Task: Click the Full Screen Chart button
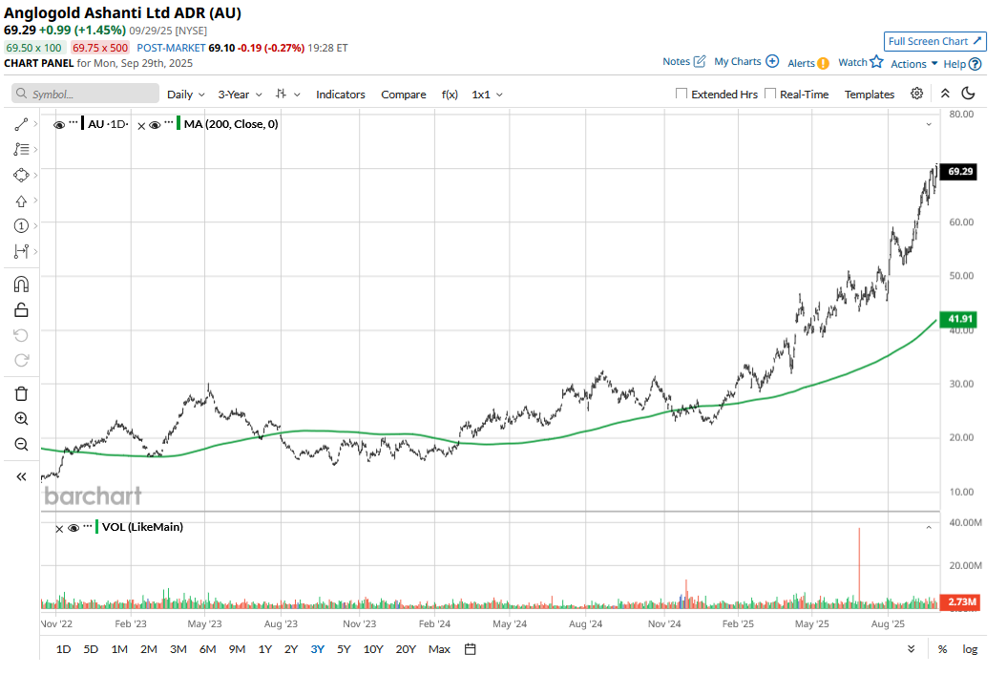coord(934,41)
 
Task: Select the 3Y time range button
coord(317,649)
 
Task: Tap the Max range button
coord(439,649)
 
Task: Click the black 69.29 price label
coord(960,172)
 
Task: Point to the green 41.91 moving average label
coord(960,319)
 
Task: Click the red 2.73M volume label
coord(960,601)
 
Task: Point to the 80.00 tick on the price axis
coord(959,114)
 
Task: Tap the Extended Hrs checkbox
coord(681,94)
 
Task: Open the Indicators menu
coord(341,95)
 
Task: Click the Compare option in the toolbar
coord(404,95)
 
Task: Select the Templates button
coord(870,95)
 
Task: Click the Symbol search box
coord(86,95)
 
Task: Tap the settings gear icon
coord(916,94)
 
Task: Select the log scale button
coord(970,649)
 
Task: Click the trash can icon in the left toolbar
coord(21,393)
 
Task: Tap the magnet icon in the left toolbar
coord(21,284)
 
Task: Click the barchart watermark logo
coord(93,496)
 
